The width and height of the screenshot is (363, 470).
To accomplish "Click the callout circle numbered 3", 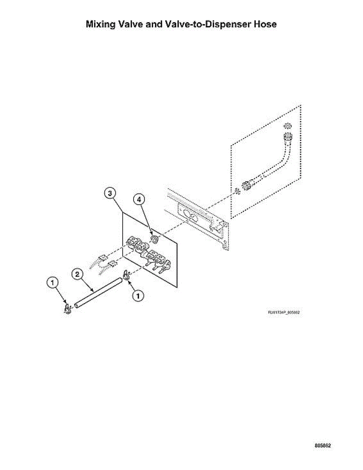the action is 111,193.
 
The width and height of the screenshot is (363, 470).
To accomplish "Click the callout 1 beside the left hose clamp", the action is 53,282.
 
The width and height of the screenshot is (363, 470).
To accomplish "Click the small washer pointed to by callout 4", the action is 155,239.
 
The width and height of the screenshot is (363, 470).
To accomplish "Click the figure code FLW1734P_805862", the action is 284,313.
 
